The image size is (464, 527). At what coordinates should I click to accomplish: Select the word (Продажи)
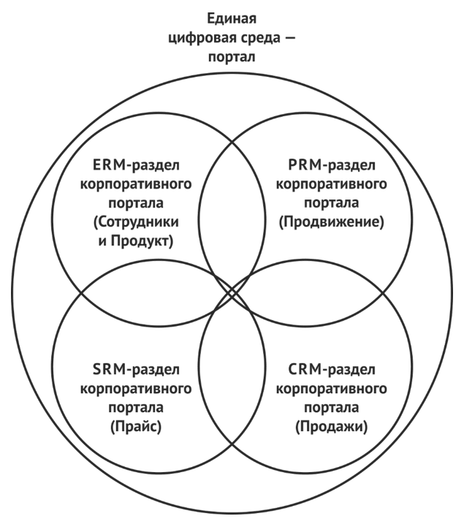click(x=333, y=425)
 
